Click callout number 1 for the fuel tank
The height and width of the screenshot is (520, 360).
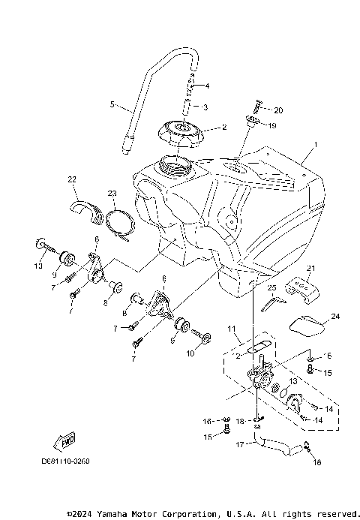pyautogui.click(x=316, y=143)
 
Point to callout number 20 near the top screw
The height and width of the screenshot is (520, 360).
pyautogui.click(x=207, y=86)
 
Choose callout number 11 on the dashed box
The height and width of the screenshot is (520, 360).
pyautogui.click(x=232, y=328)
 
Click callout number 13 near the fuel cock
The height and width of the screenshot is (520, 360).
pyautogui.click(x=293, y=381)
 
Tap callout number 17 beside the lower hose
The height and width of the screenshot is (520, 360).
pyautogui.click(x=239, y=444)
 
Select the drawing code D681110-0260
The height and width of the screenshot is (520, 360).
pyautogui.click(x=65, y=460)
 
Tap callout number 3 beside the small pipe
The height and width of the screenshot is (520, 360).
pyautogui.click(x=205, y=107)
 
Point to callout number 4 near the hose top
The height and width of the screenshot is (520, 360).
pyautogui.click(x=207, y=86)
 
